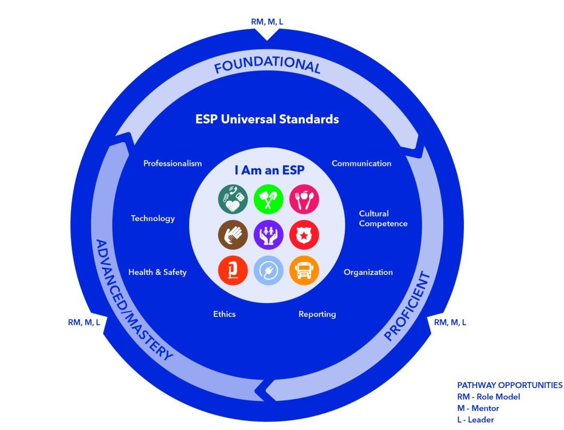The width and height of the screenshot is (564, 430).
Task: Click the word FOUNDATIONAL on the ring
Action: coord(267,66)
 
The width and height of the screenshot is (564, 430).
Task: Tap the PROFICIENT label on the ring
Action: coord(407,307)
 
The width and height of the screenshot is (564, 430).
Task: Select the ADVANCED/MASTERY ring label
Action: coord(133,300)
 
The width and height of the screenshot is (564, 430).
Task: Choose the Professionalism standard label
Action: coord(172,163)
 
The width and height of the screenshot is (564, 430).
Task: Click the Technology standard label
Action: coord(153,218)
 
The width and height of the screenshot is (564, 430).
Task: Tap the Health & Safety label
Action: coord(157,272)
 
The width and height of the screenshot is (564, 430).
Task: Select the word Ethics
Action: coord(224,314)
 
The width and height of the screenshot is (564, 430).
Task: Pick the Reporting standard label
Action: coord(317,314)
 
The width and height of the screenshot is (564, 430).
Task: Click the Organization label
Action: coord(368,272)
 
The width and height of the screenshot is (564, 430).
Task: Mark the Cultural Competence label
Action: coord(383,218)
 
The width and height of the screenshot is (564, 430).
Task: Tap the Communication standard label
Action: coord(361,163)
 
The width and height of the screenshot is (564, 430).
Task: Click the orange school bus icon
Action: coord(301,270)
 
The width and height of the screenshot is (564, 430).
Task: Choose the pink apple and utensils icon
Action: coord(301,199)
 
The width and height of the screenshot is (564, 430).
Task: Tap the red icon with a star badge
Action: coord(301,234)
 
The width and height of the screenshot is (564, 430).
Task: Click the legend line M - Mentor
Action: coord(478,408)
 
